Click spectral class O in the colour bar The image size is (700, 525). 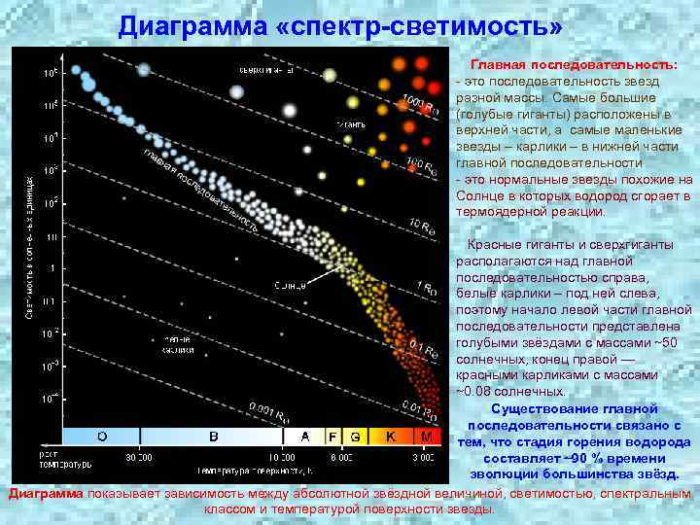(101, 437)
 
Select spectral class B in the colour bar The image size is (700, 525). (213, 437)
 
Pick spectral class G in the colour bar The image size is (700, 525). (355, 437)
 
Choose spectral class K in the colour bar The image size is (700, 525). (390, 437)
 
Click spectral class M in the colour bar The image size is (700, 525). (426, 437)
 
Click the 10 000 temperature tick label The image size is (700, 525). (282, 455)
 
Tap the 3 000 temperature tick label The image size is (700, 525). (424, 455)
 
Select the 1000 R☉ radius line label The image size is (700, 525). (421, 107)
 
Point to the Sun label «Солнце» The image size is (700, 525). (290, 286)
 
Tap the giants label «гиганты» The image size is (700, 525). (351, 125)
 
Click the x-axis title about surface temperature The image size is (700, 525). (255, 471)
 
